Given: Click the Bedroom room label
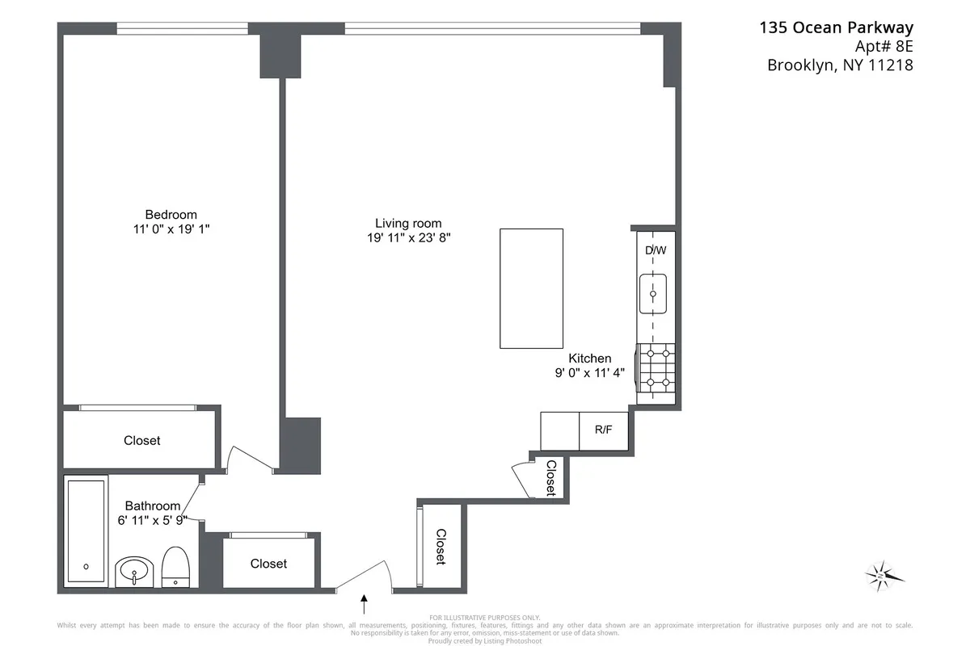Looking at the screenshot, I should click(171, 215).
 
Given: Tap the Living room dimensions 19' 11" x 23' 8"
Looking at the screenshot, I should click(408, 238).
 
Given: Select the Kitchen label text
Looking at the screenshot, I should click(589, 359).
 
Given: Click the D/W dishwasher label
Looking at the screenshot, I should click(655, 250).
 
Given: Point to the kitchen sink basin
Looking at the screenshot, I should click(653, 293).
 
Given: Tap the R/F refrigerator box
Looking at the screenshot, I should click(603, 430).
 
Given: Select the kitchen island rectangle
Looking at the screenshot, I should click(531, 288).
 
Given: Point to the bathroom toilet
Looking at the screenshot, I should click(175, 568).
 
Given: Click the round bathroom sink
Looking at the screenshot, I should click(133, 573).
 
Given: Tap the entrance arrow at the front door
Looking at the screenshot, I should click(365, 602).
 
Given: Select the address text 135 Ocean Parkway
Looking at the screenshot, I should click(836, 28).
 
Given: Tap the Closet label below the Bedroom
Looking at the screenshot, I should click(141, 441).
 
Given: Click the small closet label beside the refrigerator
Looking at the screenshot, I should click(550, 478).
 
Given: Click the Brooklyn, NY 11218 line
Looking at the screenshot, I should click(840, 66).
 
